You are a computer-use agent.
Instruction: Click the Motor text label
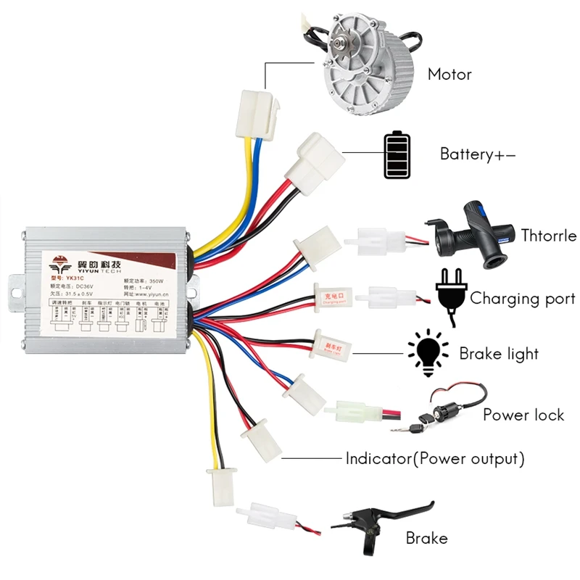(x=449, y=75)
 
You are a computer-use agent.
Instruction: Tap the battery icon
(x=396, y=154)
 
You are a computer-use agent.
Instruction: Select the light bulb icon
(x=427, y=353)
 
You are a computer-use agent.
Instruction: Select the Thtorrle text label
(x=548, y=236)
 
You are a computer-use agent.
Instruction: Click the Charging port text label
(x=523, y=299)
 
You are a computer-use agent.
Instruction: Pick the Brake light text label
(x=499, y=354)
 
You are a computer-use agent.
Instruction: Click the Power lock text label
(x=523, y=415)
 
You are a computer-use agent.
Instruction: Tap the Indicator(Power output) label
(x=434, y=459)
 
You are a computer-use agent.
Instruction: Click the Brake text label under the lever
(x=426, y=539)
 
